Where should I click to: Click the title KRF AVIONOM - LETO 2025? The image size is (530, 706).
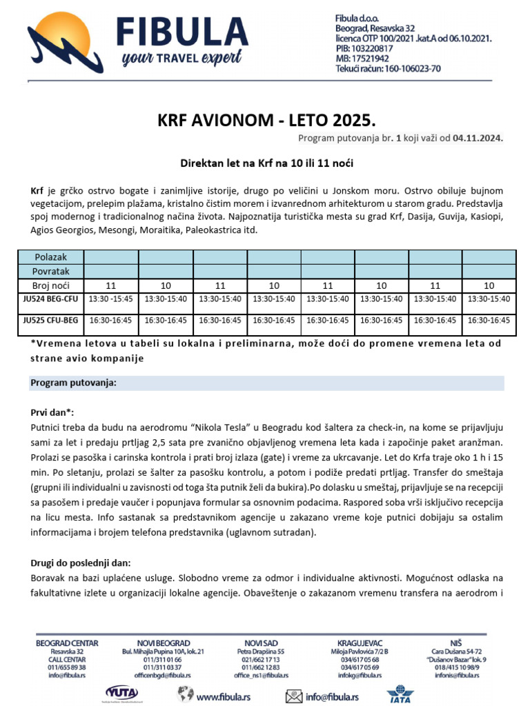(x=266, y=122)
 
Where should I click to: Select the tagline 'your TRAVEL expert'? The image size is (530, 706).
(x=181, y=59)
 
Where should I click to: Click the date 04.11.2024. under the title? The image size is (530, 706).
(x=478, y=139)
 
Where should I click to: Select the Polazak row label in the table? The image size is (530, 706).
(x=50, y=257)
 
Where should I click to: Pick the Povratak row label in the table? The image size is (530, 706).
(x=50, y=271)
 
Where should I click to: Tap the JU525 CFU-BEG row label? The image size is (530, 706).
(x=50, y=321)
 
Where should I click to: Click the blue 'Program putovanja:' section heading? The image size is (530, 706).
(x=72, y=383)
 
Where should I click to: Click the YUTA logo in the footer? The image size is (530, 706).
(x=122, y=692)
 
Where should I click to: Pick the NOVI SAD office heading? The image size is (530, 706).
(x=261, y=643)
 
